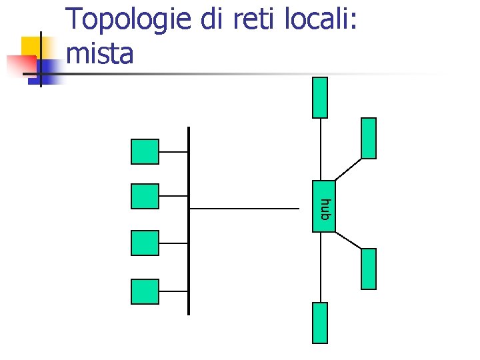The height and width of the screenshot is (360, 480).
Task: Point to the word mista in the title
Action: coord(100,53)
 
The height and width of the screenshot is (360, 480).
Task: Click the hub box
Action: coord(324,206)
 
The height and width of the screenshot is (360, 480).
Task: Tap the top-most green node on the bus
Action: coord(145,151)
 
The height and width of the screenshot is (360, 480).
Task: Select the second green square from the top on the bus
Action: coord(145,196)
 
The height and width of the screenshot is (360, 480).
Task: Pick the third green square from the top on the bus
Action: coord(145,243)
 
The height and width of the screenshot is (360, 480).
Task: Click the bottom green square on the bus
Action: coord(145,291)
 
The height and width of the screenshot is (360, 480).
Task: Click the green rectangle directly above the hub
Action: coord(320,97)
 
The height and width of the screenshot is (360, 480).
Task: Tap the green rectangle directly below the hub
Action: coord(320,323)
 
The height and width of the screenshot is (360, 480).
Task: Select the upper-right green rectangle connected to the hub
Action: coord(368,138)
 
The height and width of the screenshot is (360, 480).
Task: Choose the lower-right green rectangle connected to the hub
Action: coord(368,269)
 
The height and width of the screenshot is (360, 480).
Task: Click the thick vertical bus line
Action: coord(189,267)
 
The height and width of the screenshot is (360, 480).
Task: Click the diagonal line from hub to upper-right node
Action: coord(348,169)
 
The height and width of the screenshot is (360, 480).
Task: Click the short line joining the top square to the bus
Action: coord(173,152)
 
